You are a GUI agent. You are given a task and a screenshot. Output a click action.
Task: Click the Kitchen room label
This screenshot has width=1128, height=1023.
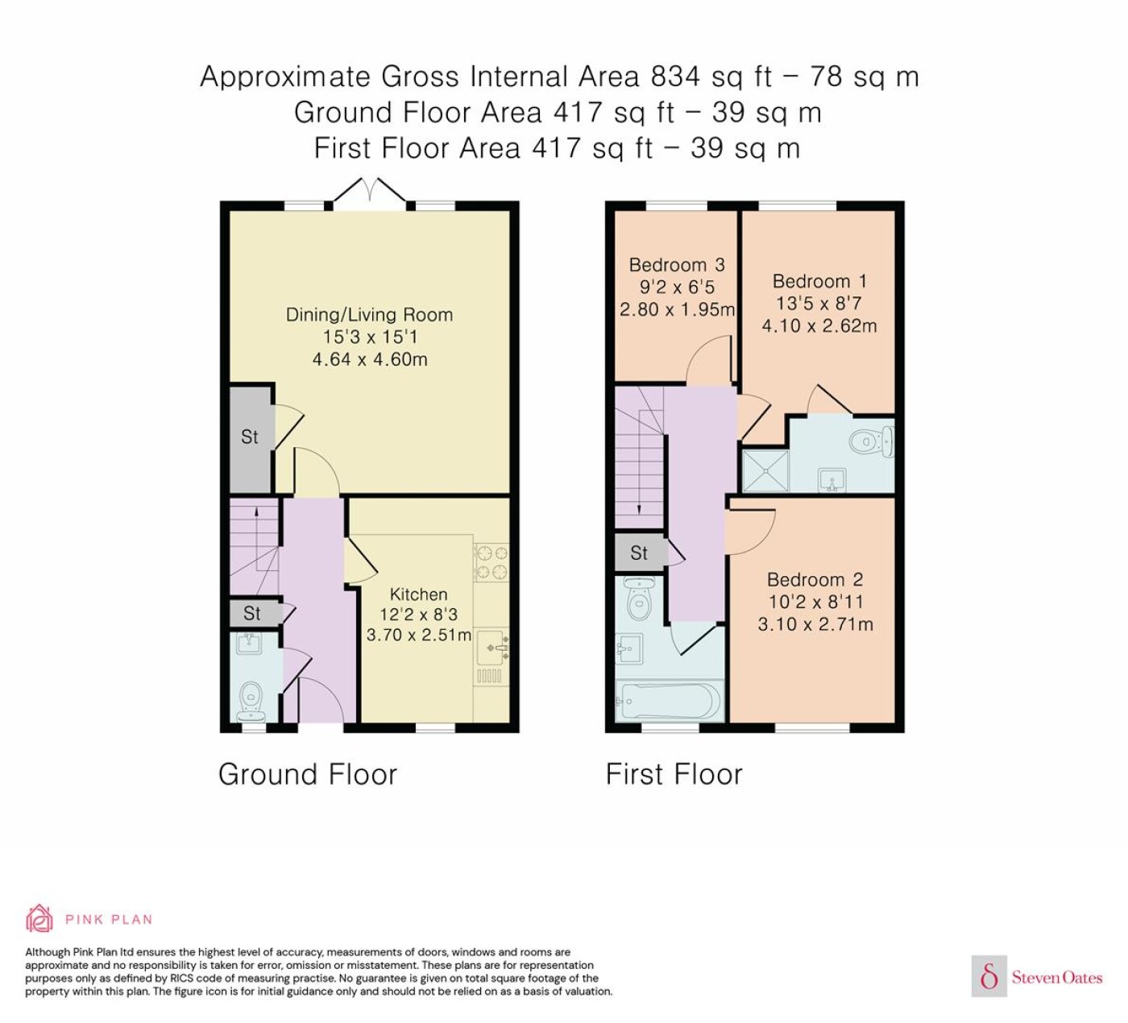pyautogui.click(x=418, y=594)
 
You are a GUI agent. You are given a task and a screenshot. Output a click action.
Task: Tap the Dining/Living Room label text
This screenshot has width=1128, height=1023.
pyautogui.click(x=370, y=314)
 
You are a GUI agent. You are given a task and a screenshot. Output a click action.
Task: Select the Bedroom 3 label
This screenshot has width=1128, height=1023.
pyautogui.click(x=677, y=265)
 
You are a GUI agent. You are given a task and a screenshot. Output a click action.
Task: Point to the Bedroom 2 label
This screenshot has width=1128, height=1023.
pyautogui.click(x=815, y=580)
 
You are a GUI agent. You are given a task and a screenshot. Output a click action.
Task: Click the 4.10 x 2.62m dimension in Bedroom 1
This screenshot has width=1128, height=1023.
pyautogui.click(x=819, y=326)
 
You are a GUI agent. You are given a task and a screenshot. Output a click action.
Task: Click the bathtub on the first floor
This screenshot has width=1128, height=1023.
pyautogui.click(x=670, y=701)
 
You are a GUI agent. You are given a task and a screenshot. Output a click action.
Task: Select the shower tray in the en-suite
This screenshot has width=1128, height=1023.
pyautogui.click(x=765, y=470)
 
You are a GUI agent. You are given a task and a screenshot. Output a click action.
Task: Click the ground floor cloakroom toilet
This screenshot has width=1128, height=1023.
pyautogui.click(x=251, y=702)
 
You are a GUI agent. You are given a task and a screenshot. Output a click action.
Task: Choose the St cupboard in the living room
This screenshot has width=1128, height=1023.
pyautogui.click(x=251, y=437)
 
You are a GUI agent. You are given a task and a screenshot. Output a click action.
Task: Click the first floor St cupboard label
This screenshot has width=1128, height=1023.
pyautogui.click(x=639, y=553)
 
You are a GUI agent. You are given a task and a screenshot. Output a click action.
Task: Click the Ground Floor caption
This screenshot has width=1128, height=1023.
pyautogui.click(x=308, y=774)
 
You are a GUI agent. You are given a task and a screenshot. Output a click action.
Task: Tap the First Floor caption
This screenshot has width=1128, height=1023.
pyautogui.click(x=674, y=774)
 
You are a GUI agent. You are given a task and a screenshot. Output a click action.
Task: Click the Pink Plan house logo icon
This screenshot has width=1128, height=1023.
pyautogui.click(x=39, y=919)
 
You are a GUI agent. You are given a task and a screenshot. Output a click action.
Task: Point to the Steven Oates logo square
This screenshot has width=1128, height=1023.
pyautogui.click(x=989, y=975)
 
